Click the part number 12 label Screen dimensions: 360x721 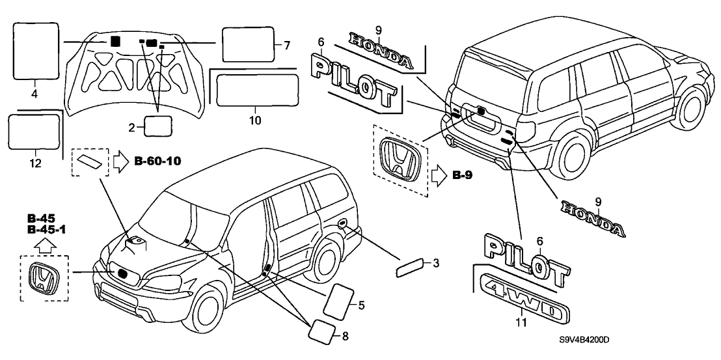point(35,164)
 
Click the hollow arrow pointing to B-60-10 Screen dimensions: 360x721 point(122,159)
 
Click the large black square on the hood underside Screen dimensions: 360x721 point(115,40)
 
